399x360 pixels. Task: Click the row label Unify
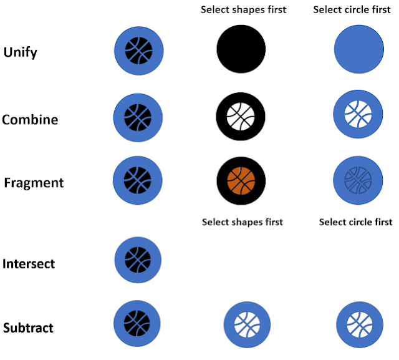21,52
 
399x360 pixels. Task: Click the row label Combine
30,120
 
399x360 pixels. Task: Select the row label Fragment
34,183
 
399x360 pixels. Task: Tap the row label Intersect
29,264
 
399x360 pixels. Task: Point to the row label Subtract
29,328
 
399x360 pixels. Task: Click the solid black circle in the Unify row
241,49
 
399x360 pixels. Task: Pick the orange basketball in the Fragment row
241,180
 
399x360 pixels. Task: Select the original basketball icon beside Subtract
137,324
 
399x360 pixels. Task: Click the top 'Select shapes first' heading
243,9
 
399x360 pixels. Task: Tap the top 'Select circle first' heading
352,9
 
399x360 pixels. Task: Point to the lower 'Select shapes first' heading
243,222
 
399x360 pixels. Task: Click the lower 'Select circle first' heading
355,222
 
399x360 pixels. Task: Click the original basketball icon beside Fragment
138,180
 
